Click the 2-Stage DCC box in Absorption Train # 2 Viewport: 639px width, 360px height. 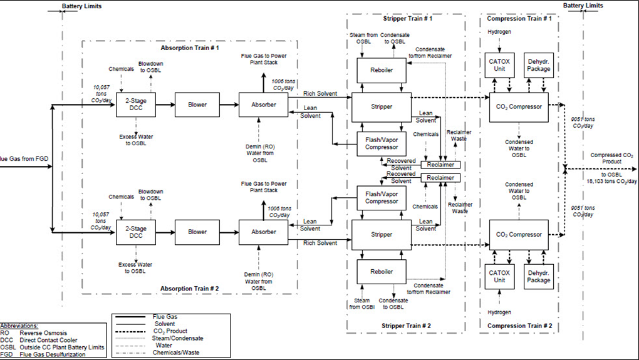[x=135, y=232]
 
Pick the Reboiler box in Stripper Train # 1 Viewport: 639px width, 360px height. [x=382, y=70]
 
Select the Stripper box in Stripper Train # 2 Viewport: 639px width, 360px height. [x=382, y=235]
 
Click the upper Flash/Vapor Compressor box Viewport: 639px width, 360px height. [x=382, y=143]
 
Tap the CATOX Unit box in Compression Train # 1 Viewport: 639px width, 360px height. [x=499, y=65]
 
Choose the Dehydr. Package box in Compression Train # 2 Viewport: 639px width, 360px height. [x=538, y=276]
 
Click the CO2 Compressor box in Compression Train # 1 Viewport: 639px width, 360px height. [x=518, y=106]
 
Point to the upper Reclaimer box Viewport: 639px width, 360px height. [x=440, y=165]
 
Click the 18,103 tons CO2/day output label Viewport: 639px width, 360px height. [x=611, y=180]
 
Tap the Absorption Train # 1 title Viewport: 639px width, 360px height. [x=190, y=48]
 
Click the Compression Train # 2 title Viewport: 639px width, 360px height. [x=518, y=326]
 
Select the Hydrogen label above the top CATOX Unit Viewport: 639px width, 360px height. [x=499, y=31]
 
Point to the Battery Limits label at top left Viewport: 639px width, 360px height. [x=81, y=6]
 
